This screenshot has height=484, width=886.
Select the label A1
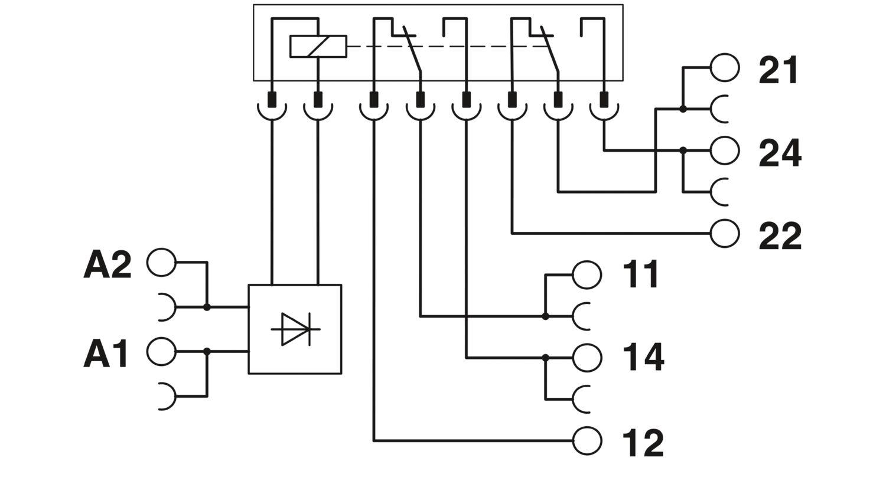pyautogui.click(x=106, y=354)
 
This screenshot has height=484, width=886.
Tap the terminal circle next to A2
pyautogui.click(x=161, y=263)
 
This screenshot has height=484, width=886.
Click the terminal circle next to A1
pyautogui.click(x=161, y=352)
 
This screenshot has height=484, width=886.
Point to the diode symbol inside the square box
pyautogui.click(x=295, y=329)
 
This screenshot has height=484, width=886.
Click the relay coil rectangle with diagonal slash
pyautogui.click(x=318, y=47)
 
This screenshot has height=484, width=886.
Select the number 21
pyautogui.click(x=778, y=70)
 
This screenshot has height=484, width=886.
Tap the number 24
pyautogui.click(x=780, y=153)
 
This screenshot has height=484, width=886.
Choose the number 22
pyautogui.click(x=780, y=236)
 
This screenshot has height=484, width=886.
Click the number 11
pyautogui.click(x=641, y=274)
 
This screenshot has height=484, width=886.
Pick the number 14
pyautogui.click(x=643, y=357)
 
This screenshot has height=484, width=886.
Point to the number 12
pyautogui.click(x=643, y=443)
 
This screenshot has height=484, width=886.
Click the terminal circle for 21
pyautogui.click(x=725, y=67)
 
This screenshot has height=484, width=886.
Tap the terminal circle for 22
pyautogui.click(x=725, y=233)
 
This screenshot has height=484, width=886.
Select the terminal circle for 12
pyautogui.click(x=587, y=440)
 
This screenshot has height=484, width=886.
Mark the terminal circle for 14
pyautogui.click(x=587, y=357)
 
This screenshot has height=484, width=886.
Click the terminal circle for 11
pyautogui.click(x=587, y=274)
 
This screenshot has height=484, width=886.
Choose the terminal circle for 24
pyautogui.click(x=725, y=151)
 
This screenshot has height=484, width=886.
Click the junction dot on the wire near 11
pyautogui.click(x=545, y=317)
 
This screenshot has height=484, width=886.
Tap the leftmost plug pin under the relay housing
pyautogui.click(x=272, y=100)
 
